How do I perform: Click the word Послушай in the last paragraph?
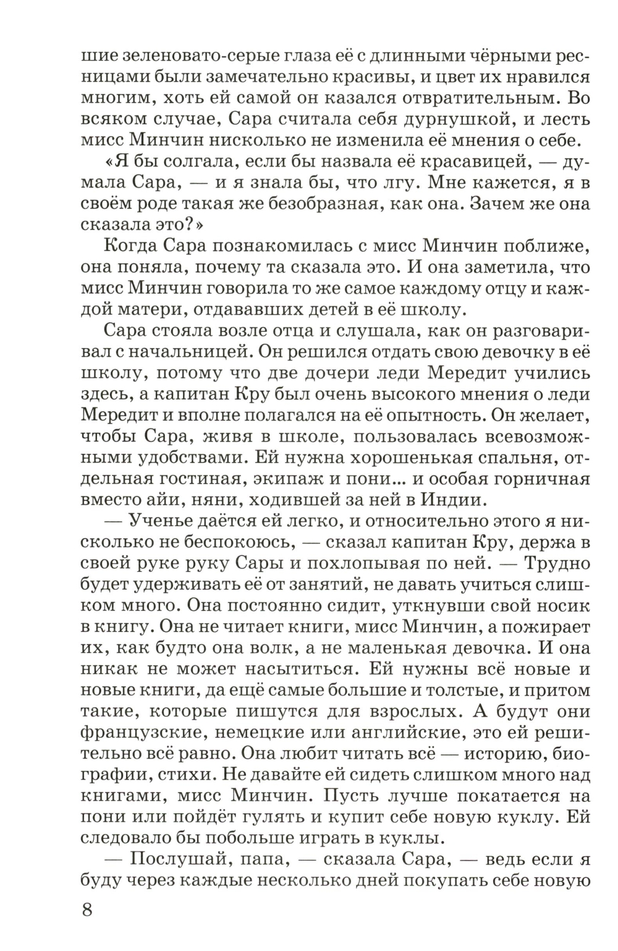pyautogui.click(x=177, y=858)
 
